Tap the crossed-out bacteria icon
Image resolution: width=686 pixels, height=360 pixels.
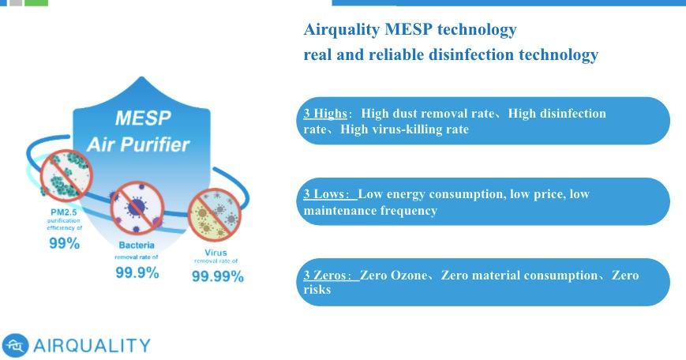[x=137, y=208]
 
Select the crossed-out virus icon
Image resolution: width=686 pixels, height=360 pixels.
[x=215, y=215]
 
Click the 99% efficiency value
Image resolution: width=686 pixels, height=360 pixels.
[x=64, y=243]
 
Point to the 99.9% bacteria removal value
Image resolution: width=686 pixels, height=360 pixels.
[x=137, y=272]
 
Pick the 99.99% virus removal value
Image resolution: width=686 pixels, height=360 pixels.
[x=217, y=276]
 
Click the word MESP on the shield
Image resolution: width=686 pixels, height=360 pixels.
[x=143, y=118]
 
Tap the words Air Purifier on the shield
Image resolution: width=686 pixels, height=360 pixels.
[x=138, y=144]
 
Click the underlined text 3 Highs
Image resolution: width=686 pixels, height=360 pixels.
[x=325, y=114]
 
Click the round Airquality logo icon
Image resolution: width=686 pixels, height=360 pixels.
[x=15, y=345]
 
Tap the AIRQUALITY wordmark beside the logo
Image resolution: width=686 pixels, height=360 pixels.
[x=92, y=346]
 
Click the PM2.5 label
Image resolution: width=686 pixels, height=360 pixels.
[x=64, y=212]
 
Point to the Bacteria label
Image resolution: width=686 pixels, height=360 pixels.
[x=137, y=245]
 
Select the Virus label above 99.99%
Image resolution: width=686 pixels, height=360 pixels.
[x=216, y=253]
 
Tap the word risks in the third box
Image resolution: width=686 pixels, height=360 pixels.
[x=317, y=290]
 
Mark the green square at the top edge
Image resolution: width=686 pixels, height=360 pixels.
[x=36, y=2]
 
